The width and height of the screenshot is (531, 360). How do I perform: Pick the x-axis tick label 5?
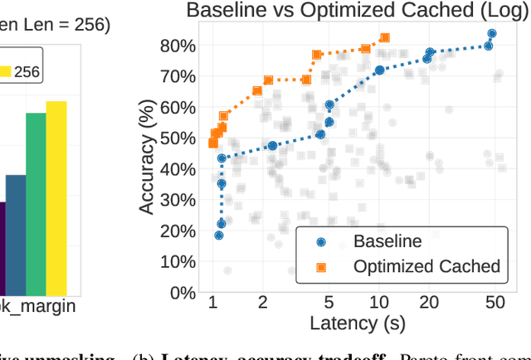click(329, 303)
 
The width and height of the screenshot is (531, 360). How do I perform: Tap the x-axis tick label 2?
click(262, 303)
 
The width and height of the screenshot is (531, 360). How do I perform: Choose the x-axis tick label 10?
click(379, 303)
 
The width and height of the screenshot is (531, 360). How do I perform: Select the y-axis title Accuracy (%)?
click(147, 155)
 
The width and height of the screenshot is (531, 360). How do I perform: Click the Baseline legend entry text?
click(387, 241)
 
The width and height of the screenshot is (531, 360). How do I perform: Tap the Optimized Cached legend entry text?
click(426, 266)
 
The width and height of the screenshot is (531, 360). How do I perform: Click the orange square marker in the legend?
click(321, 266)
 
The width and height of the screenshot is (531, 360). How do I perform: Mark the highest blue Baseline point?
click(491, 34)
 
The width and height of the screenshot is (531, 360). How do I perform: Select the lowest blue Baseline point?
click(219, 236)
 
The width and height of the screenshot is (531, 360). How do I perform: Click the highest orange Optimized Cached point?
click(384, 38)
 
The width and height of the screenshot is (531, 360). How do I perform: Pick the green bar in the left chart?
click(36, 203)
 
